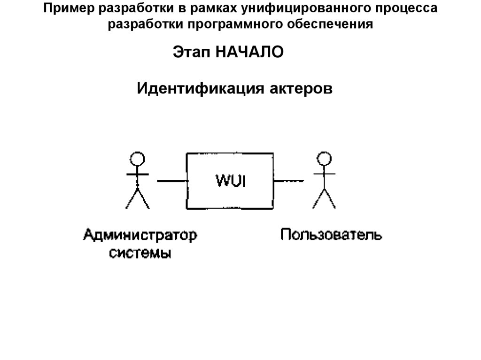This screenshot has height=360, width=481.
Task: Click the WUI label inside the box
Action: point(231,181)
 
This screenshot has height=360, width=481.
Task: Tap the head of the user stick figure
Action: point(324,158)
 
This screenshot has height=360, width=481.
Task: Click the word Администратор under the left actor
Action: point(140,234)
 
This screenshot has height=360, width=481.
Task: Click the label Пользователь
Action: point(331,234)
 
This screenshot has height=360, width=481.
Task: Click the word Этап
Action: point(192,52)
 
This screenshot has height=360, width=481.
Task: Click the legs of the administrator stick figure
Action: point(137,199)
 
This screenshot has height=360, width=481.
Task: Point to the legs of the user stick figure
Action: point(324,199)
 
